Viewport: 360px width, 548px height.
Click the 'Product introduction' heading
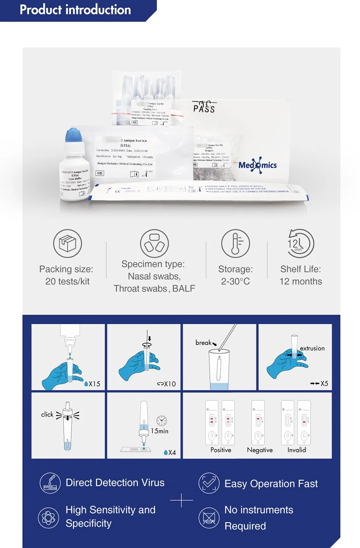point(75,10)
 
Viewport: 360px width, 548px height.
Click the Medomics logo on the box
point(258,165)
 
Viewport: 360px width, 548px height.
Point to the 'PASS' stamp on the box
point(204,108)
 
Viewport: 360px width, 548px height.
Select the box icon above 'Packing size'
point(67,244)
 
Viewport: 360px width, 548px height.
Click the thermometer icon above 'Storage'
point(235,244)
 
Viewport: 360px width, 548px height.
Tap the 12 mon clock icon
point(300,244)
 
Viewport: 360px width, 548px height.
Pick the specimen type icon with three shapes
point(154,244)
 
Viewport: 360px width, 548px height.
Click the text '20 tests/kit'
point(67,281)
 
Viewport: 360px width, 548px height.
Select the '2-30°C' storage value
point(235,281)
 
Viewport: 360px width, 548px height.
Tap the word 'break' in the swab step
point(203,342)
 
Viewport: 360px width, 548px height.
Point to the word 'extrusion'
point(312,348)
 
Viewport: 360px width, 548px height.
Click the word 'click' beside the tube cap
point(47,414)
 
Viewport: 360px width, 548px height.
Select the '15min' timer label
point(160,431)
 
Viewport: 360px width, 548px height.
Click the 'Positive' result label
point(221,450)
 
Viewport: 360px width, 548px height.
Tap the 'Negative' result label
point(260,450)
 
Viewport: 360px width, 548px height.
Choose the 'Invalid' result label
point(296,450)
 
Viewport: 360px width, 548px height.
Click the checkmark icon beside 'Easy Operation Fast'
point(209,483)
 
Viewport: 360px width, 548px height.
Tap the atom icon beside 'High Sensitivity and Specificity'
point(49,518)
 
